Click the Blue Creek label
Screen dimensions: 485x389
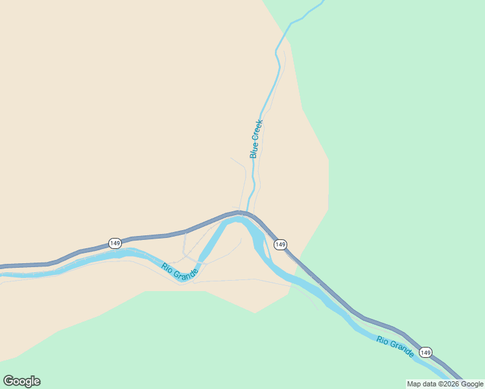click(256, 139)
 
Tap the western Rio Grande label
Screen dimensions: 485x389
click(180, 270)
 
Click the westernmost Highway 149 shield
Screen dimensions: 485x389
click(115, 243)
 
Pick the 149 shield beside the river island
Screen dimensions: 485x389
click(280, 244)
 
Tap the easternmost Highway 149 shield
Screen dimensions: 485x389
click(425, 352)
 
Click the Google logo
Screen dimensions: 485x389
click(21, 381)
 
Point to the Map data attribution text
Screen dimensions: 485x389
click(445, 384)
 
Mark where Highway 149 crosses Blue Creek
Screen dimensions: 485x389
click(247, 212)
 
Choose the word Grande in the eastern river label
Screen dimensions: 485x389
click(401, 349)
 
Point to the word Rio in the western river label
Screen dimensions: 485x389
click(167, 266)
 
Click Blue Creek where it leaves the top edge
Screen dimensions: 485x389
click(322, 2)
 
